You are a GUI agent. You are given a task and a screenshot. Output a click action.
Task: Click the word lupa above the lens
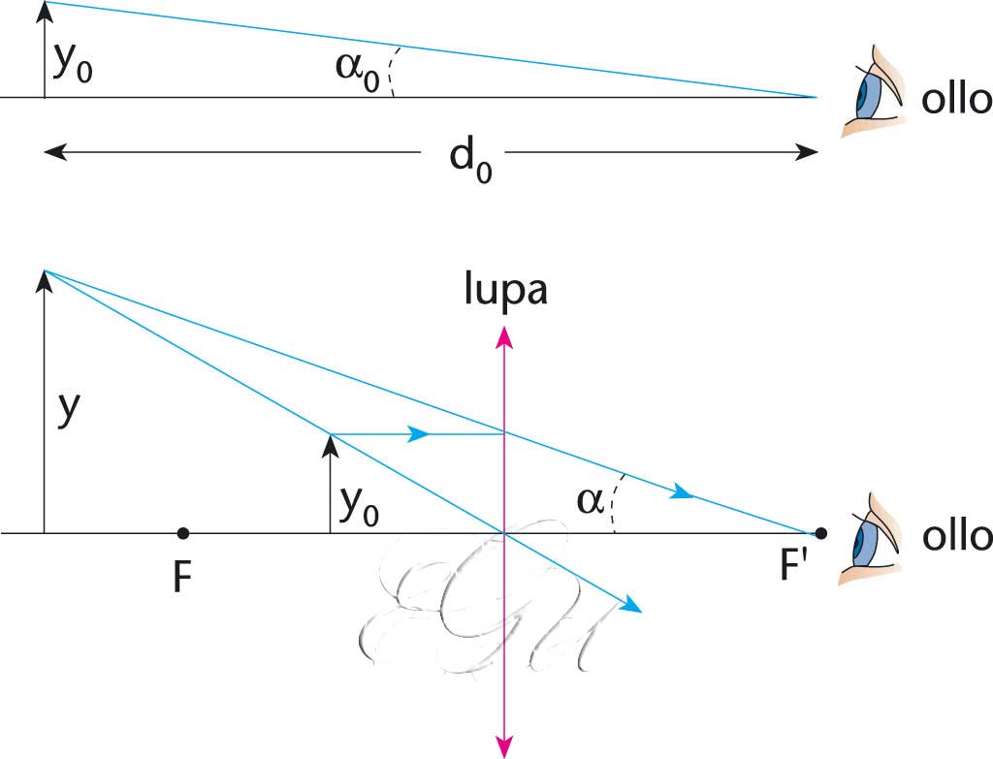click(504, 291)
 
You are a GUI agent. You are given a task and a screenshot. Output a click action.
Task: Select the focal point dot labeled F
click(183, 533)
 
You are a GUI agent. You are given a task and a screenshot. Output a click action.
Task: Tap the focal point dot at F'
click(820, 533)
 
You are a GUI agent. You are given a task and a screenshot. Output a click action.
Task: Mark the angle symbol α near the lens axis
click(589, 501)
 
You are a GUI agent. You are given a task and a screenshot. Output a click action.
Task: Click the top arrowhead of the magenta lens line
click(504, 335)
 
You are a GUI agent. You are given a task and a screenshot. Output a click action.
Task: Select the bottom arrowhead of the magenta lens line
click(504, 743)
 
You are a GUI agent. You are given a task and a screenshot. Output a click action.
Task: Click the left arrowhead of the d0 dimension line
click(54, 151)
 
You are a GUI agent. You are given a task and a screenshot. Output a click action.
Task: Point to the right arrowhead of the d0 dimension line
click(808, 151)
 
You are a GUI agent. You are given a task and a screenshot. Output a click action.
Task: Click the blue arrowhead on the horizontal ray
click(418, 434)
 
